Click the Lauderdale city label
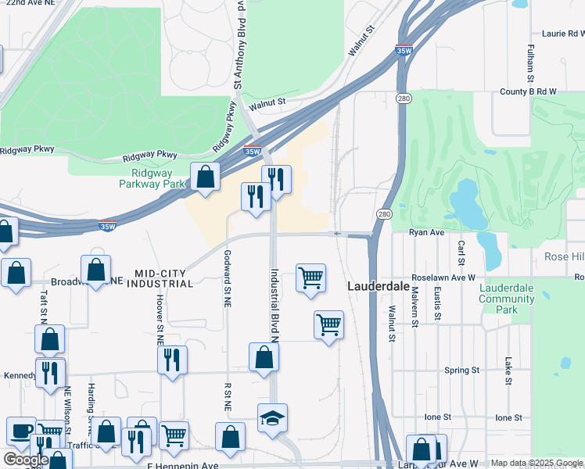pyautogui.click(x=378, y=287)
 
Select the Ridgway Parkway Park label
pyautogui.click(x=152, y=179)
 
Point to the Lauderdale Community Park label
pyautogui.click(x=507, y=299)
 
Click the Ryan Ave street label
pyautogui.click(x=426, y=232)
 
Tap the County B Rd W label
pyautogui.click(x=527, y=91)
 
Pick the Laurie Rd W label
pyautogui.click(x=563, y=34)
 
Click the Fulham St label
pyautogui.click(x=529, y=63)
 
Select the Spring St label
pyautogui.click(x=461, y=370)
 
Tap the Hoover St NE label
pyautogui.click(x=159, y=320)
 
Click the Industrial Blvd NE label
pyautogui.click(x=275, y=305)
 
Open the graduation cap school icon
pyautogui.click(x=272, y=418)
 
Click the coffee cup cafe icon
pyautogui.click(x=21, y=431)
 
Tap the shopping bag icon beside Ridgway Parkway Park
pyautogui.click(x=205, y=177)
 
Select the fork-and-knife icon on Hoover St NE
pyautogui.click(x=172, y=360)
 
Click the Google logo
pyautogui.click(x=25, y=460)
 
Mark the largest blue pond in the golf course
pyautogui.click(x=466, y=200)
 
